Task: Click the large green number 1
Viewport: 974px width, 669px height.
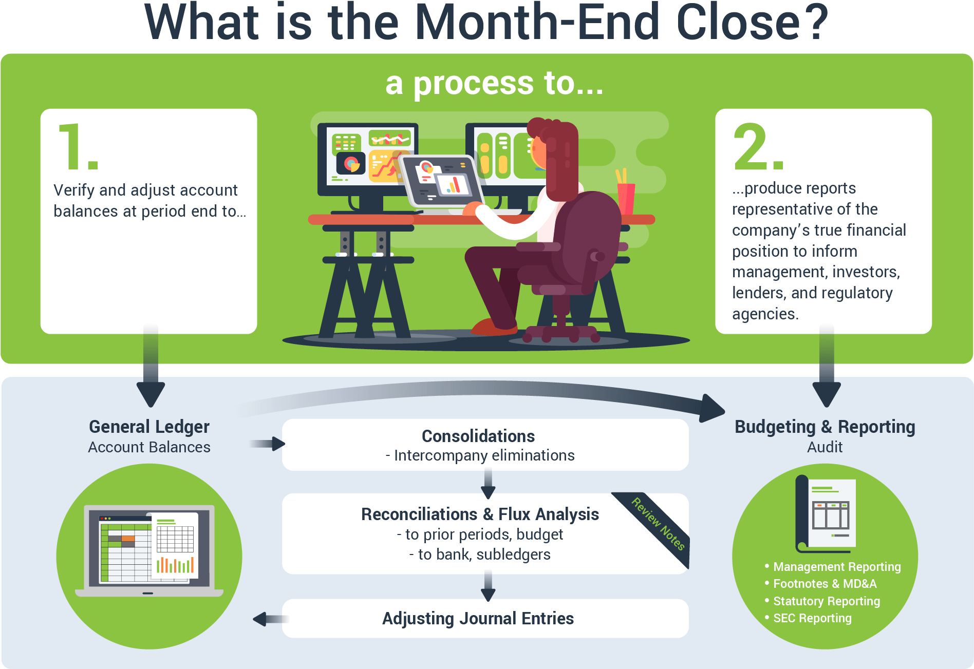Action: click(77, 147)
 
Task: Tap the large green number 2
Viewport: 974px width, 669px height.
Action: click(757, 147)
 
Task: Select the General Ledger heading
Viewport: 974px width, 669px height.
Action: click(149, 427)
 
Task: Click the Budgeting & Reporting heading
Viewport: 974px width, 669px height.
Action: click(825, 427)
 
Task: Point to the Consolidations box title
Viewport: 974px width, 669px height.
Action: click(478, 436)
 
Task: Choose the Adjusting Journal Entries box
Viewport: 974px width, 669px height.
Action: click(478, 618)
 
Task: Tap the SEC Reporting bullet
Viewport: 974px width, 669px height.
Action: click(812, 618)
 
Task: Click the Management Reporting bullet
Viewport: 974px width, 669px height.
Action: click(837, 567)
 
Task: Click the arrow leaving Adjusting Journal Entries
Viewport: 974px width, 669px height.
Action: click(268, 619)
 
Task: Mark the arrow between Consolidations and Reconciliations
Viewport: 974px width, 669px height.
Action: click(488, 484)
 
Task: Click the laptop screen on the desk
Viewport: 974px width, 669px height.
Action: click(442, 180)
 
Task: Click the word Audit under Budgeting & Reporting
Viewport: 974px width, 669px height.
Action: click(825, 447)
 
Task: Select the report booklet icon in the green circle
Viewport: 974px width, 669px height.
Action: click(826, 513)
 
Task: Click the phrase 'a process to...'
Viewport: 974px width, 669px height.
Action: click(494, 83)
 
